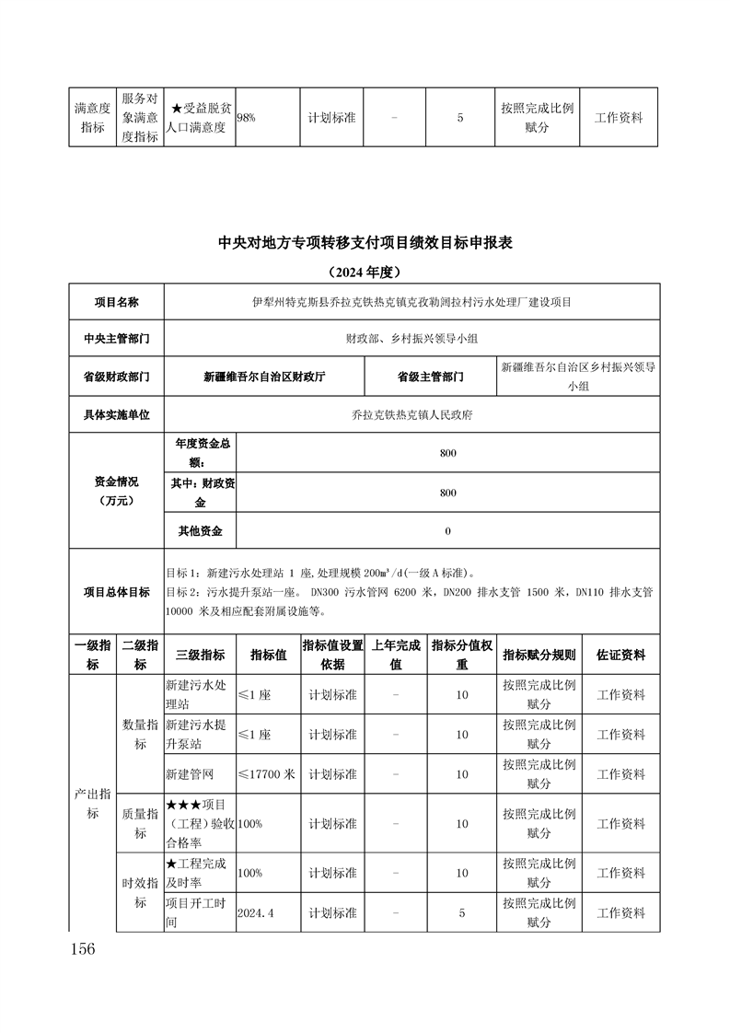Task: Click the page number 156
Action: pos(82,949)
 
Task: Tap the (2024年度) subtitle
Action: pos(365,273)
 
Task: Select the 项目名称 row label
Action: pos(116,302)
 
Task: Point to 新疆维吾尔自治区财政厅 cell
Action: pos(264,377)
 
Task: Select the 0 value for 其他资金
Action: pos(447,531)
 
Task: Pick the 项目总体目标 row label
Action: pos(116,592)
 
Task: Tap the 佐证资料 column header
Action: pos(620,656)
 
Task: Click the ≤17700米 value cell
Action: pos(267,774)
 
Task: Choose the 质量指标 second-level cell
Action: pos(140,823)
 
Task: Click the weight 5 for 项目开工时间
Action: pos(462,912)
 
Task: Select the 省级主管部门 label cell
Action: pos(430,377)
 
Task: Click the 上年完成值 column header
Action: pos(396,656)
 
